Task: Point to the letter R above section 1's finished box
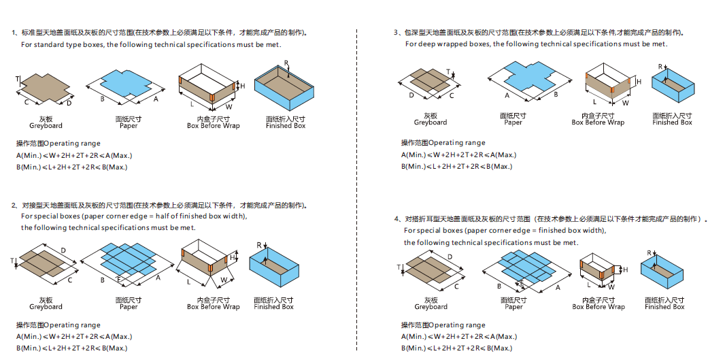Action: point(286,63)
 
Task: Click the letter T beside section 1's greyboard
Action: point(17,80)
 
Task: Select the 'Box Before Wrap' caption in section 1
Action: point(214,126)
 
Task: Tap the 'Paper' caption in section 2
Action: point(129,307)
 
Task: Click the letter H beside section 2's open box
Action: point(233,258)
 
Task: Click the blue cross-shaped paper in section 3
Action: point(520,76)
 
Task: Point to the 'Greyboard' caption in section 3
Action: point(431,122)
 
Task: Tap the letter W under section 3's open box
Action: point(626,103)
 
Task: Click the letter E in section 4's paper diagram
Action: point(522,282)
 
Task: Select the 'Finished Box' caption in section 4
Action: point(664,307)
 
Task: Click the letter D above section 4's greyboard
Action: point(450,257)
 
